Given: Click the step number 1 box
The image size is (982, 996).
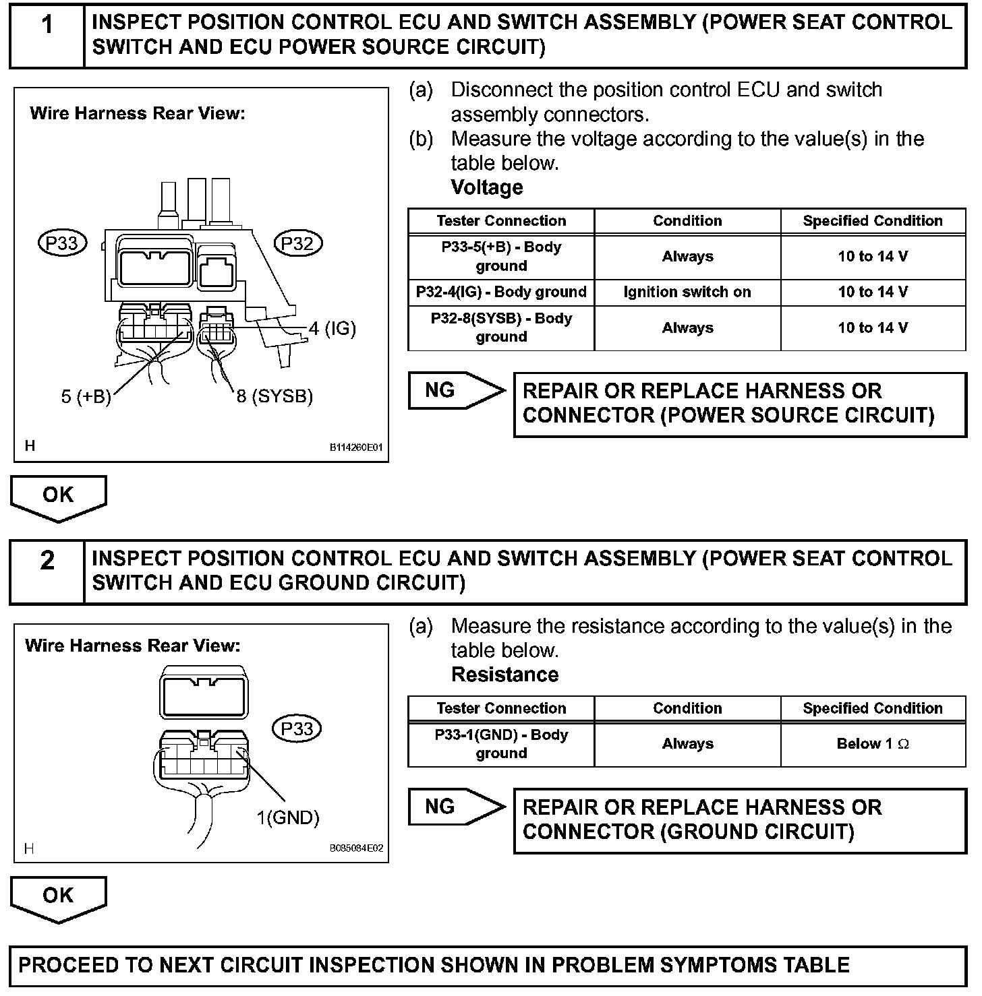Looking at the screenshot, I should pyautogui.click(x=47, y=34).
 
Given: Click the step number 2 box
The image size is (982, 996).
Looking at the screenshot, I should pyautogui.click(x=47, y=571).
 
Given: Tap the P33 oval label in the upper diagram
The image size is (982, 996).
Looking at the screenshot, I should pyautogui.click(x=63, y=243).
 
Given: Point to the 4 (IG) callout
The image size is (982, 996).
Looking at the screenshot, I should pyautogui.click(x=332, y=328).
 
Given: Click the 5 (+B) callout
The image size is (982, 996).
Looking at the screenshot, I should pyautogui.click(x=86, y=396).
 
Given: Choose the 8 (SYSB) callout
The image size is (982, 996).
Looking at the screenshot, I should pyautogui.click(x=275, y=396).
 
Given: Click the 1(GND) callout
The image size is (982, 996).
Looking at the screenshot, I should pyautogui.click(x=287, y=818).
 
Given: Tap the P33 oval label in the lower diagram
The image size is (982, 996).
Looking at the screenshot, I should pyautogui.click(x=297, y=728).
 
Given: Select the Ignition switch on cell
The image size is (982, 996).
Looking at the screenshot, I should pyautogui.click(x=687, y=292).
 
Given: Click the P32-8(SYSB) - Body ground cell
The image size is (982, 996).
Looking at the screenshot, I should pyautogui.click(x=501, y=328).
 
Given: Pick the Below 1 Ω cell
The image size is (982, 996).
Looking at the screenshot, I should pyautogui.click(x=873, y=744).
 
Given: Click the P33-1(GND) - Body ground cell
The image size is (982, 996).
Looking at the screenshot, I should pyautogui.click(x=501, y=744).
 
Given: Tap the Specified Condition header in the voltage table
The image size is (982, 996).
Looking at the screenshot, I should pyautogui.click(x=873, y=221).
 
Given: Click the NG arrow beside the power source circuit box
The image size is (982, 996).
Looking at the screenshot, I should pyautogui.click(x=456, y=391).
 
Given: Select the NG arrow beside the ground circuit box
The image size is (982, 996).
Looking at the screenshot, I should pyautogui.click(x=456, y=807).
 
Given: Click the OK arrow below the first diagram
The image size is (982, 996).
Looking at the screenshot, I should pyautogui.click(x=59, y=497).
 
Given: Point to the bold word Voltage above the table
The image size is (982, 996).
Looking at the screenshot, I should pyautogui.click(x=487, y=187).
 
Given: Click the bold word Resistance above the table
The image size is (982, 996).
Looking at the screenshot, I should pyautogui.click(x=504, y=675).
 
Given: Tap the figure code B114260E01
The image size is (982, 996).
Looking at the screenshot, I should pyautogui.click(x=356, y=447).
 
